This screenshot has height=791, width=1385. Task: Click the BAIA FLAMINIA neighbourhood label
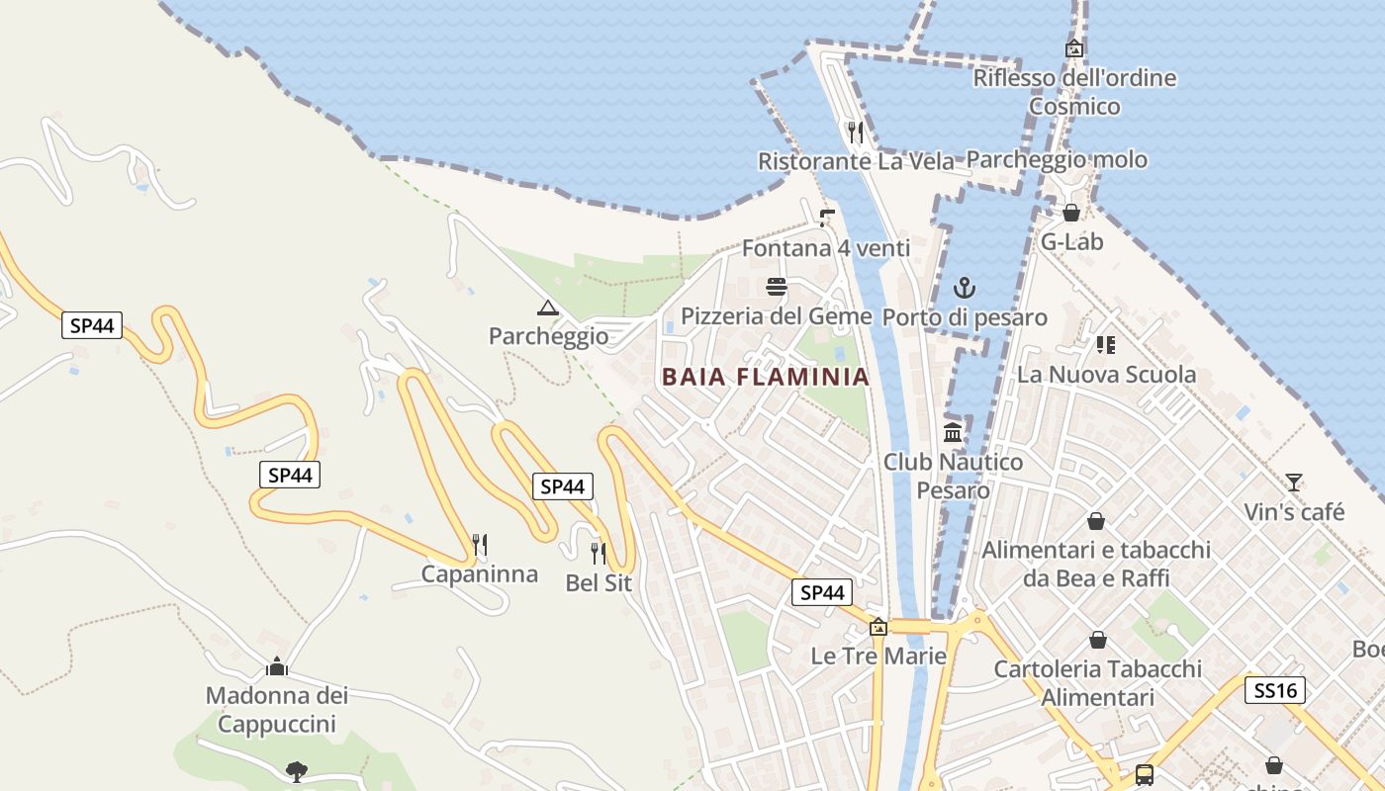765,377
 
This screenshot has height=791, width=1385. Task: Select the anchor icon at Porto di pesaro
964,288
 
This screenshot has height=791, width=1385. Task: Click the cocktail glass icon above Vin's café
1294,483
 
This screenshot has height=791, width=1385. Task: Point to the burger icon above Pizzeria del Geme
777,288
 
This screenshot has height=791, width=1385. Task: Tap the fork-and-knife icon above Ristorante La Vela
856,132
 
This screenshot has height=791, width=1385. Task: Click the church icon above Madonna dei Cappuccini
277,666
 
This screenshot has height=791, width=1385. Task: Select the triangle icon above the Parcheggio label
548,308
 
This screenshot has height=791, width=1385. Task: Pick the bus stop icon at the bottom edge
1145,774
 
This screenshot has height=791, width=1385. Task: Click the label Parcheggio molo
1057,160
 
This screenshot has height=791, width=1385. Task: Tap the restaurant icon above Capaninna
480,545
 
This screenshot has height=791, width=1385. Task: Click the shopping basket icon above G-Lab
1071,213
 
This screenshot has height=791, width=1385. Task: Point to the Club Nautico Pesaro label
953,476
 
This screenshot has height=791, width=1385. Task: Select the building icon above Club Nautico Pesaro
953,432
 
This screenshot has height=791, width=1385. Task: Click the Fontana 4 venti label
826,248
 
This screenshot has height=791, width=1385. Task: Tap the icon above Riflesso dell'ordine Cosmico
1074,48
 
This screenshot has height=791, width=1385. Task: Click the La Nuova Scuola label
1106,375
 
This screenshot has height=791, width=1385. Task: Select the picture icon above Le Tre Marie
878,627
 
